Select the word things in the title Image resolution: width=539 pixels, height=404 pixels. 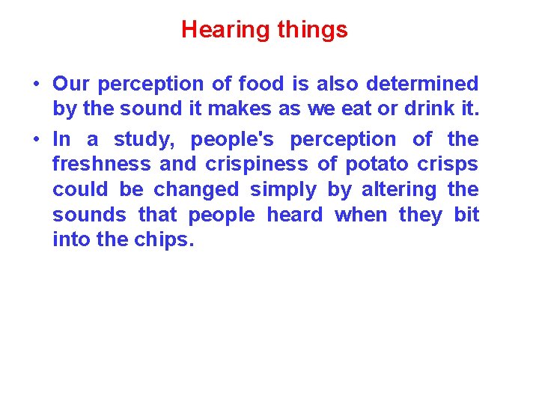click(312, 30)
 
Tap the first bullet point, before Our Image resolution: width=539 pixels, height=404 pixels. click(36, 84)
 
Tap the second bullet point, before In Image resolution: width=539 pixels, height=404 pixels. click(36, 139)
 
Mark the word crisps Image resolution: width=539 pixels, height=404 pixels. click(451, 165)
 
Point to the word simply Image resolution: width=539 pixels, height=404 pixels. click(283, 190)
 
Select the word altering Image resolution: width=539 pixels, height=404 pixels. click(399, 190)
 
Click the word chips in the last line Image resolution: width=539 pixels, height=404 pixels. click(163, 241)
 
